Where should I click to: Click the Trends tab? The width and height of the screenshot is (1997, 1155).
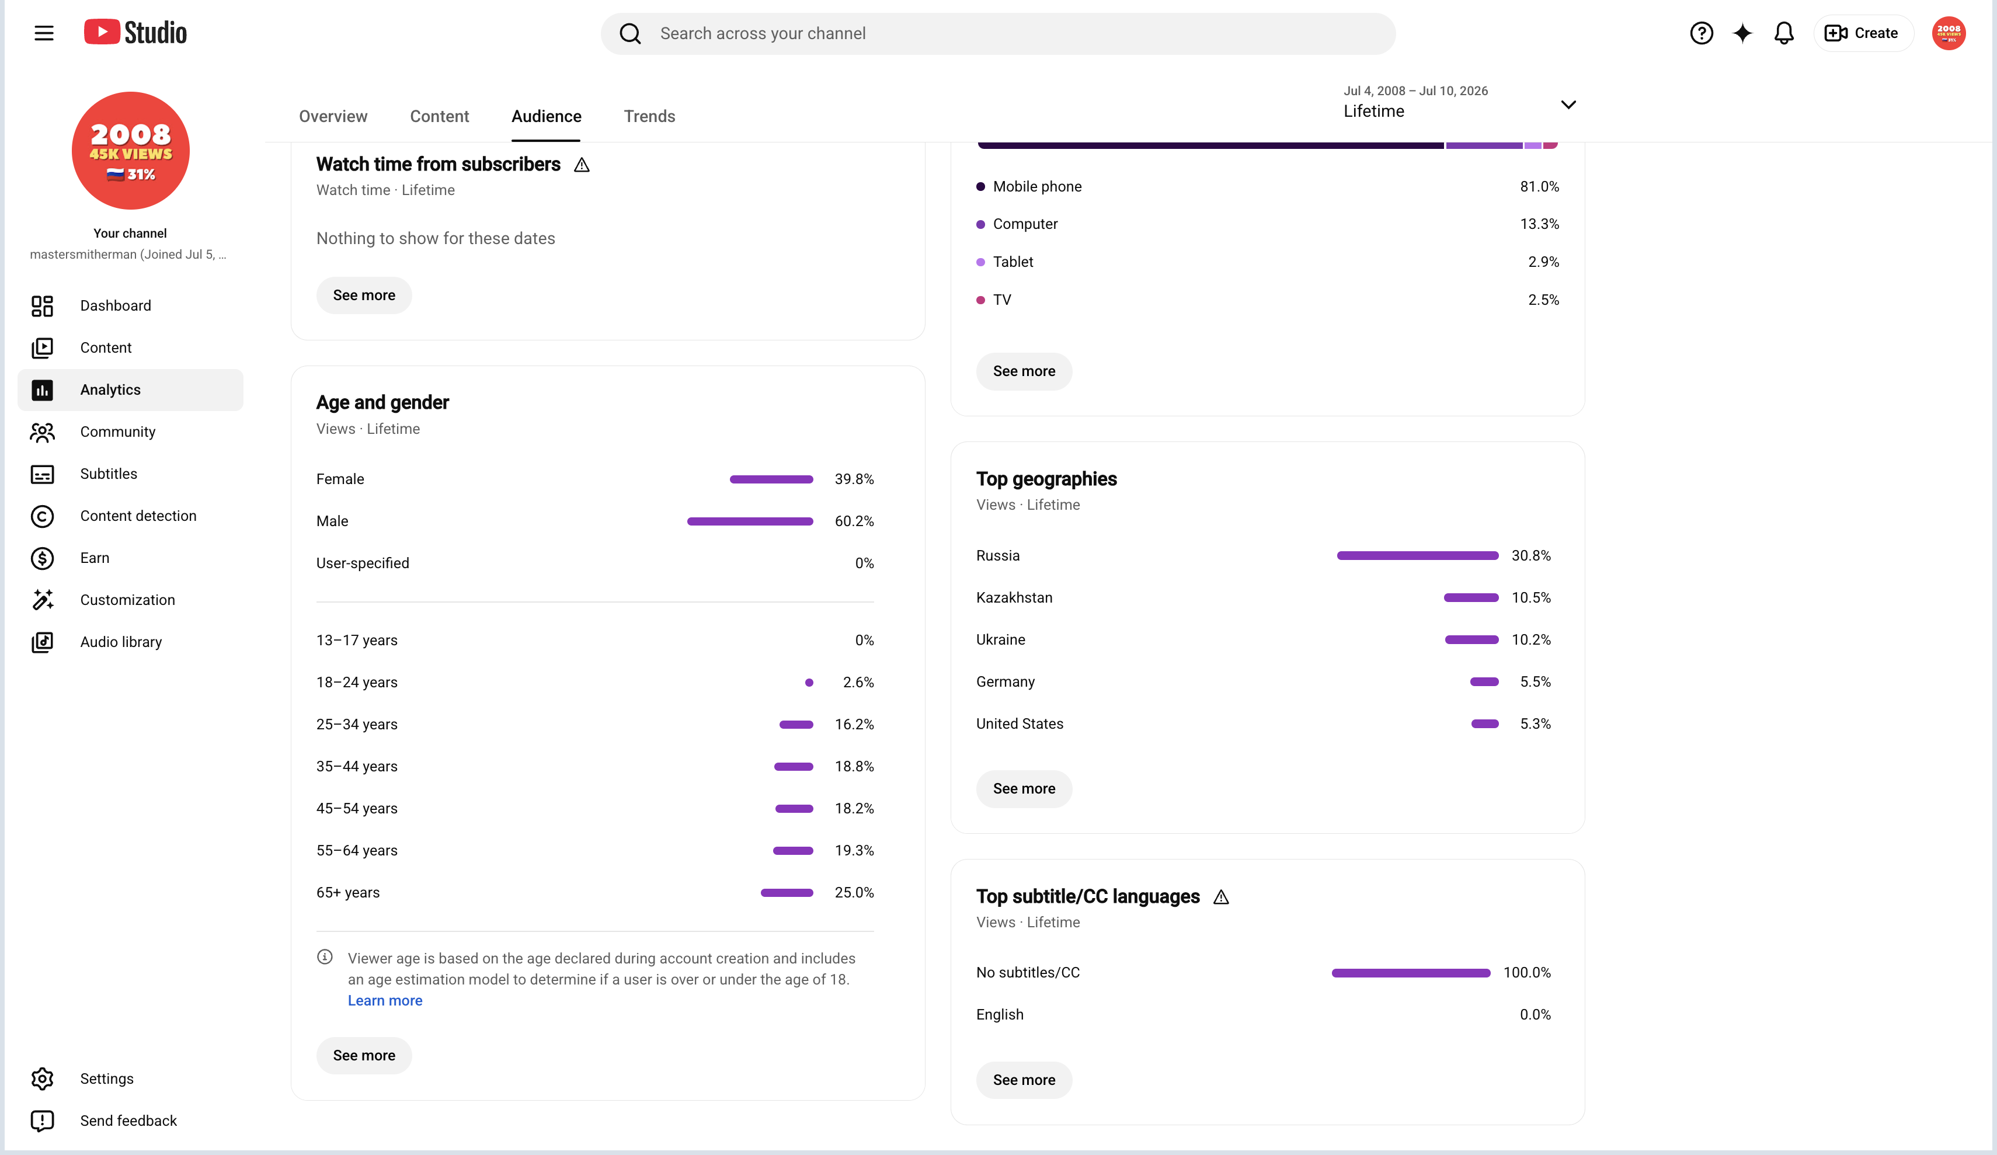649,117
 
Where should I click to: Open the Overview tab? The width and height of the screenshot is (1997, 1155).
333,117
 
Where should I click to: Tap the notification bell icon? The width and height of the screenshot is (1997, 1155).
1783,33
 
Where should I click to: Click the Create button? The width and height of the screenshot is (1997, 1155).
1862,33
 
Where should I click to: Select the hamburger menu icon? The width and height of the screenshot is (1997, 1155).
44,33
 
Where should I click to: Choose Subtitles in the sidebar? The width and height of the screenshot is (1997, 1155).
109,474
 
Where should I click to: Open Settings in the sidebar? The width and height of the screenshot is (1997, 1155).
107,1079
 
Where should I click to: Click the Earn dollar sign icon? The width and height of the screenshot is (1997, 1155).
42,558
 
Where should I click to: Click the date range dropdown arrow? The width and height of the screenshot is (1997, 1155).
1568,105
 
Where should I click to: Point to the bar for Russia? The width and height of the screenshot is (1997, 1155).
1418,556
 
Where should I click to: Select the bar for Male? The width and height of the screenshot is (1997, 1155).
750,521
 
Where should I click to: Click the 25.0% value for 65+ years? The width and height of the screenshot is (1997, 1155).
854,893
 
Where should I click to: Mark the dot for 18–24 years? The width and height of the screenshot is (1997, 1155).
809,683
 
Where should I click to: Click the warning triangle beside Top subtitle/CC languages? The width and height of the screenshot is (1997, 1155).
1221,897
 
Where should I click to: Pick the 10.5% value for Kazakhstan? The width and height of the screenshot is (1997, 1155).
1531,598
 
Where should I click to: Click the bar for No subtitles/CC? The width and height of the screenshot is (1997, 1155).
1411,973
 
